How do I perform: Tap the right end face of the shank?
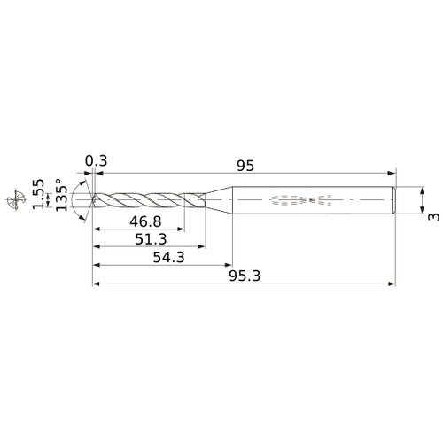click(394, 200)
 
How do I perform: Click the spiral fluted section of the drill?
click(142, 200)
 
